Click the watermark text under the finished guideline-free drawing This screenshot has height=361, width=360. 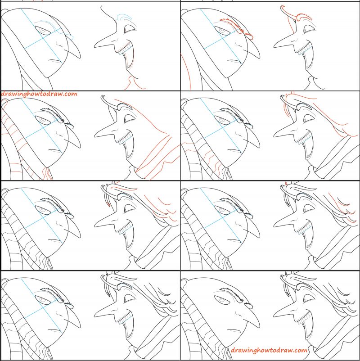269,350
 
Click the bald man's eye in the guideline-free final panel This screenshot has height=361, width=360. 221,299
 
